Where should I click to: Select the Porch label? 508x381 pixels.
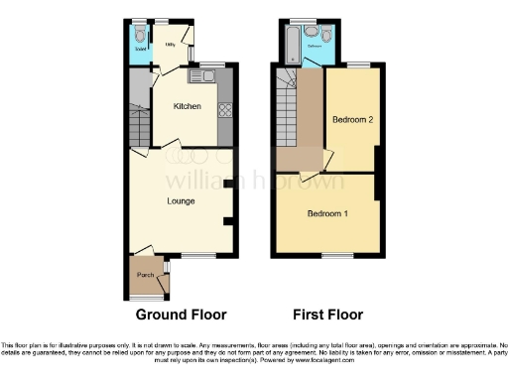click(x=145, y=276)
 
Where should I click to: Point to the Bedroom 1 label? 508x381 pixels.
click(x=327, y=213)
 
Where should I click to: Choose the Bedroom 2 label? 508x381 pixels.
click(x=352, y=120)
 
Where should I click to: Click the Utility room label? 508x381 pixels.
click(x=170, y=45)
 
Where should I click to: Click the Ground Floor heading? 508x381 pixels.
click(x=181, y=315)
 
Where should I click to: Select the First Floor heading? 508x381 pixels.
click(x=328, y=315)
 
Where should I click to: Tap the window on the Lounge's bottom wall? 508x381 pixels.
click(x=197, y=255)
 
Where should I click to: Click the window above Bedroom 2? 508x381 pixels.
click(x=358, y=65)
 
